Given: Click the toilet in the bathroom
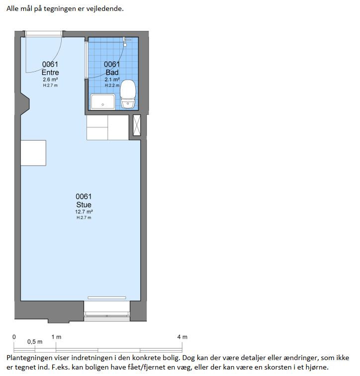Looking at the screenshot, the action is coord(128,94).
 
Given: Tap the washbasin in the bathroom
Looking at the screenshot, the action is coord(103,101).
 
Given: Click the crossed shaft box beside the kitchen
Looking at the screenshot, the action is coord(137,125).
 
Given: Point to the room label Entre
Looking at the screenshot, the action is coord(50,73).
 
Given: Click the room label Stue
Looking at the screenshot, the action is coord(84,205).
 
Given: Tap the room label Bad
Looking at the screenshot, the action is coord(112,73).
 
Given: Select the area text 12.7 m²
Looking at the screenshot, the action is coord(84,212).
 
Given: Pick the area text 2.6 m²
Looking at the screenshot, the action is coord(50,80).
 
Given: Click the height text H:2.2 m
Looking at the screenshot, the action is coord(112,86).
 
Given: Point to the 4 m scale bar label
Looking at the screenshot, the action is coord(182,337).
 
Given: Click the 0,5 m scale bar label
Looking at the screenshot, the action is coord(35,342).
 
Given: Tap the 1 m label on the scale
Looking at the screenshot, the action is coord(56,337).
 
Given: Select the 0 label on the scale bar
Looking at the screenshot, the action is coord(14,337).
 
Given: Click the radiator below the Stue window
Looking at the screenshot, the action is coord(107,298).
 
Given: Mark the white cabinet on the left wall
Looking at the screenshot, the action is coord(33,153).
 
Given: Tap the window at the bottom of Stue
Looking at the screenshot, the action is coord(107,315).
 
